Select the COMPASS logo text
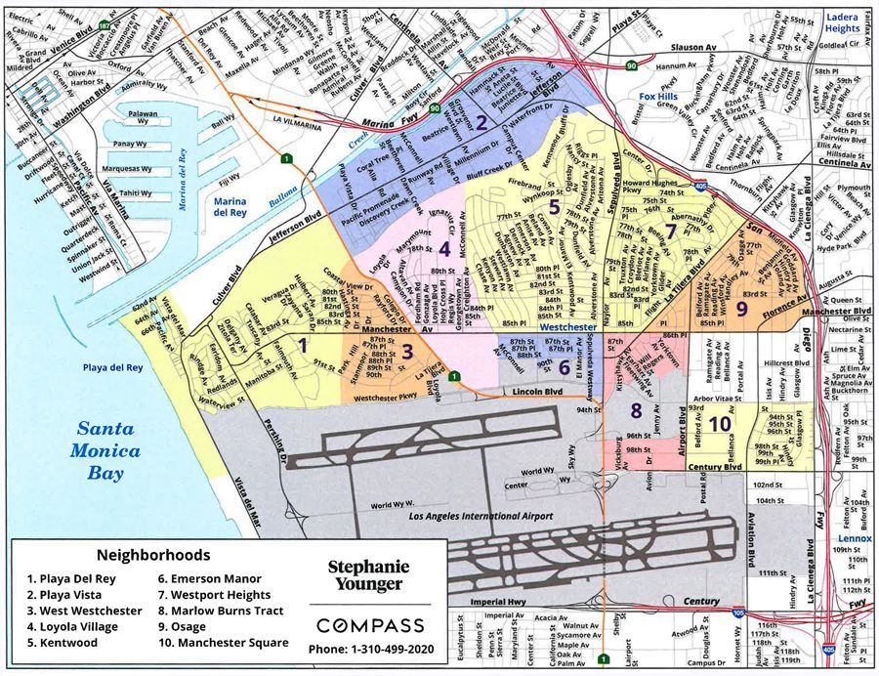[x=370, y=625]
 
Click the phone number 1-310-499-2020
[x=370, y=650]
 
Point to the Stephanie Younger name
[x=365, y=575]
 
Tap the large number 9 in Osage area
[x=741, y=308]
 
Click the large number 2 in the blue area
[x=481, y=123]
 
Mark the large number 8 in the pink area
[x=636, y=410]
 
